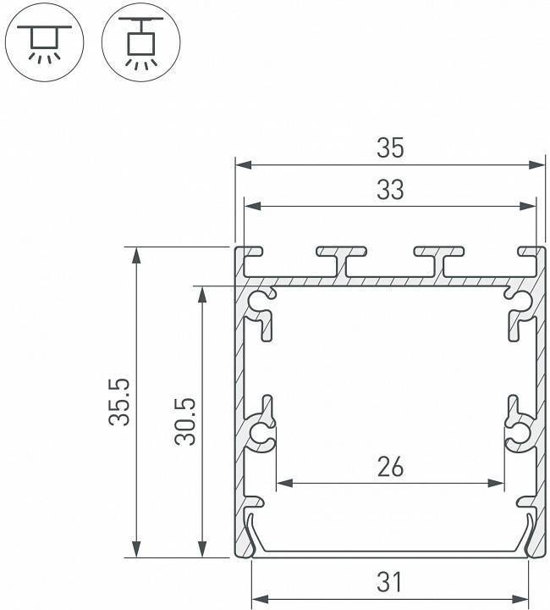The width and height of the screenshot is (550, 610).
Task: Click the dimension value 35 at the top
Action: point(390,147)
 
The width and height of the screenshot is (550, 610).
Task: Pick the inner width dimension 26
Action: point(390,467)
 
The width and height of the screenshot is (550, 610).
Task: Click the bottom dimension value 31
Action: point(390,583)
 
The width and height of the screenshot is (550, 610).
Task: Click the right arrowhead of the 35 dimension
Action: point(538,164)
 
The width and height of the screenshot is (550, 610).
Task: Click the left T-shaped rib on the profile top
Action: point(342,259)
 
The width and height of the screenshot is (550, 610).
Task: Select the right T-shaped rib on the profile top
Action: point(440,259)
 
